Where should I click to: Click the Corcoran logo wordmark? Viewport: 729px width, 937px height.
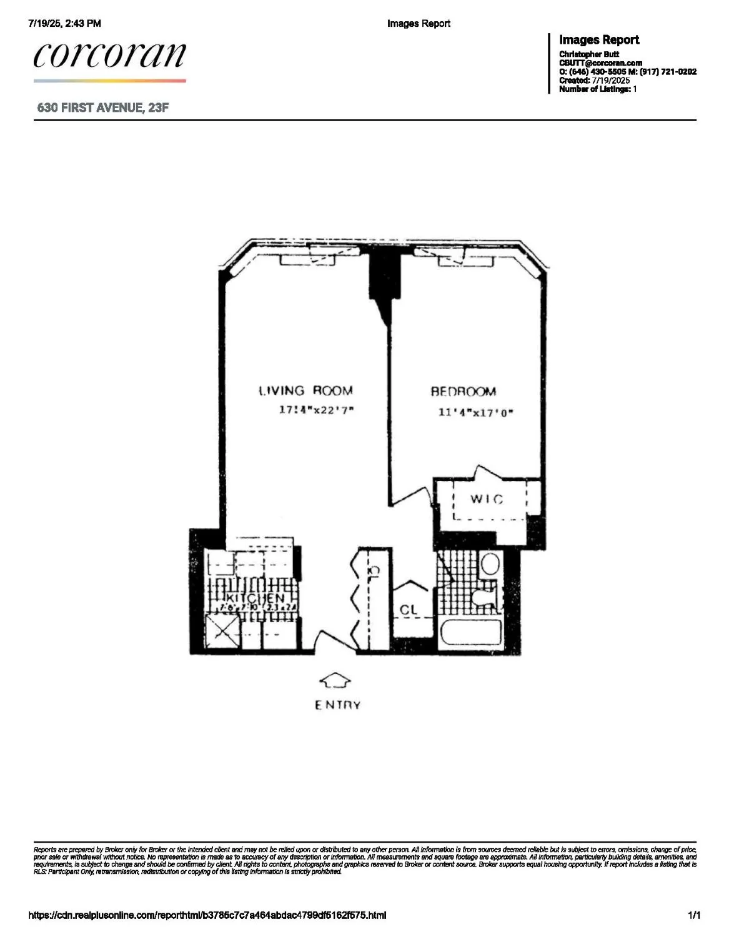pos(110,56)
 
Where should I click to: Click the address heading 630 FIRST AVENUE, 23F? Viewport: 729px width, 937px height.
pos(103,107)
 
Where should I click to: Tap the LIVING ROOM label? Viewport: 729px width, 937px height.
pos(306,391)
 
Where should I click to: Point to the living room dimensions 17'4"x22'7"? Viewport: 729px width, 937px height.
pos(317,410)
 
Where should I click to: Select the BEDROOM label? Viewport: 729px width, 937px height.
pos(464,392)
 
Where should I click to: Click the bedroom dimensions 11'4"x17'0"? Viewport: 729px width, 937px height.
pos(475,412)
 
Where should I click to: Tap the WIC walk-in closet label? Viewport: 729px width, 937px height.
pos(487,499)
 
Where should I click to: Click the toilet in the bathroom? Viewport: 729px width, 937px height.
pos(485,597)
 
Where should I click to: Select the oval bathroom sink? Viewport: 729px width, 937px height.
pos(490,564)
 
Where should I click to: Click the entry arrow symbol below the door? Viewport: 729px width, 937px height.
pos(335,681)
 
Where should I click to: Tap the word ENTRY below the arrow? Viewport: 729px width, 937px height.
pos(337,705)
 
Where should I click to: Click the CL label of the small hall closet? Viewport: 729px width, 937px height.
pos(409,610)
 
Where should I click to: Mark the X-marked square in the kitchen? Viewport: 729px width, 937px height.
pos(223,633)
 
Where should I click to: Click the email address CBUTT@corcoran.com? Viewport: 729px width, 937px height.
pos(600,63)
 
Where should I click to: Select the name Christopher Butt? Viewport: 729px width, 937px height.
pos(589,54)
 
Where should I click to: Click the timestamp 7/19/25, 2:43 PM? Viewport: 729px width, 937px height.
pos(65,24)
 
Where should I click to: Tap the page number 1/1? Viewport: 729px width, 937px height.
pos(694,916)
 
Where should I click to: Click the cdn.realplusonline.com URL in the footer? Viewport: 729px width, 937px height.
pos(207,916)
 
